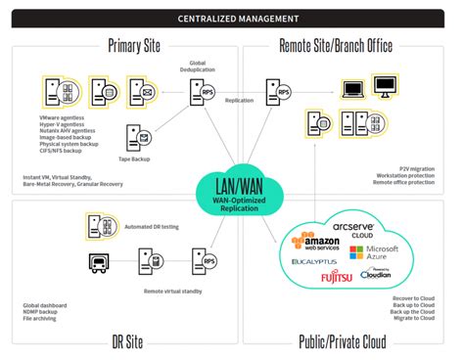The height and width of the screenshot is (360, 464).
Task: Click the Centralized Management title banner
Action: (232, 18)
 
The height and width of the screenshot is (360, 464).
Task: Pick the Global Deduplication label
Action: (191, 67)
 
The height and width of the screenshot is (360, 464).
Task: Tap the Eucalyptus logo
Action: (314, 261)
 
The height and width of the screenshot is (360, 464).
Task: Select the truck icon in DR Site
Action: (100, 263)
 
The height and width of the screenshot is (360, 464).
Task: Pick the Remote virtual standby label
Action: (169, 291)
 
